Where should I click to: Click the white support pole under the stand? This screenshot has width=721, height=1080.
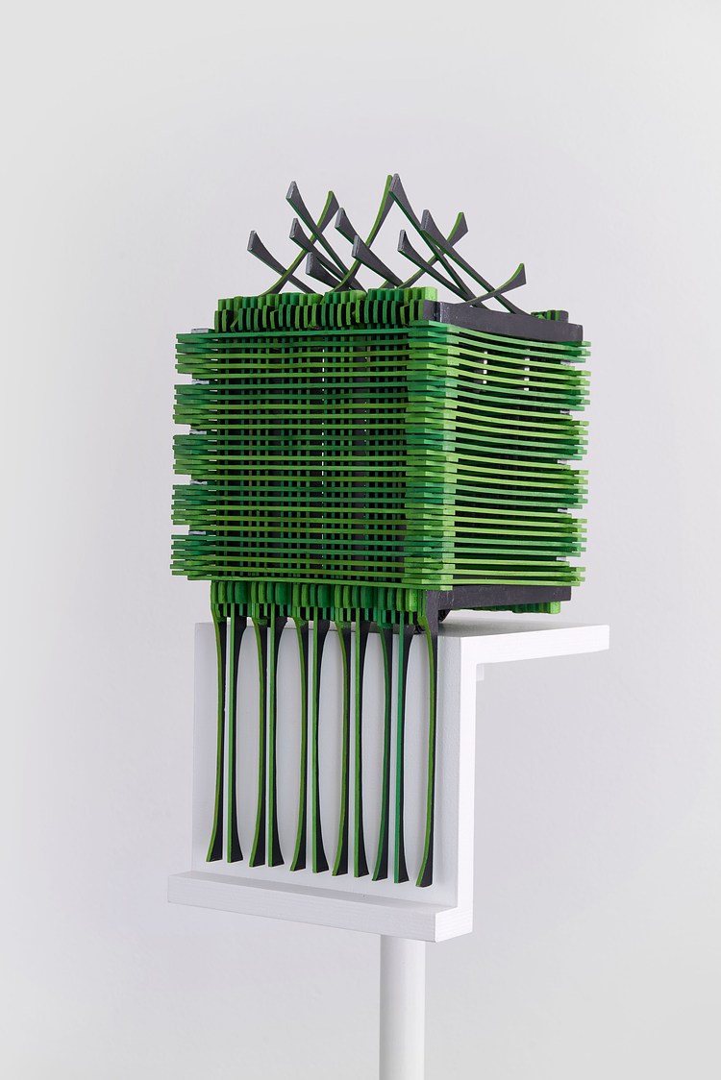(x=402, y=1009)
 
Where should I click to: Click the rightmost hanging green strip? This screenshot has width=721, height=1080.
(x=427, y=749)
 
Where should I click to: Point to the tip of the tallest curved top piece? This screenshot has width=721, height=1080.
(x=391, y=180)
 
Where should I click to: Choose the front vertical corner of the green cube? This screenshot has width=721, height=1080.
(x=423, y=452)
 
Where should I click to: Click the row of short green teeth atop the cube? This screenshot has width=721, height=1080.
(x=317, y=309)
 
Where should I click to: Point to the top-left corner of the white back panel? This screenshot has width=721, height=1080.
(x=196, y=626)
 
